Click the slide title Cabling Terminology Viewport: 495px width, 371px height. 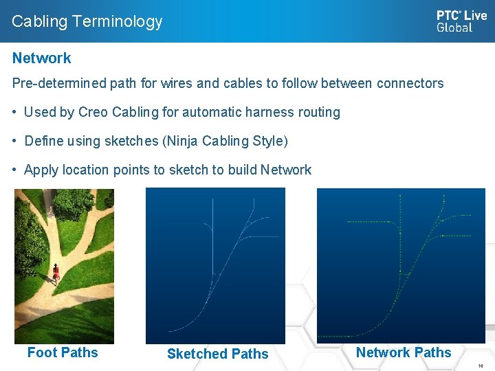pyautogui.click(x=87, y=21)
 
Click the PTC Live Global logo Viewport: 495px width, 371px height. pyautogui.click(x=461, y=21)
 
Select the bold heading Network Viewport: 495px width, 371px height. pyautogui.click(x=41, y=58)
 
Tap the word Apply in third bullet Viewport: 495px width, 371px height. pyautogui.click(x=41, y=170)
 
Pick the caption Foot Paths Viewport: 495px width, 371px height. pyautogui.click(x=63, y=352)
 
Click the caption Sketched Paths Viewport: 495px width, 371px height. pyautogui.click(x=217, y=354)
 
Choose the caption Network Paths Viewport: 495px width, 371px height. pyautogui.click(x=404, y=352)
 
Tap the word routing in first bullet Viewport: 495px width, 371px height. pyautogui.click(x=319, y=112)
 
